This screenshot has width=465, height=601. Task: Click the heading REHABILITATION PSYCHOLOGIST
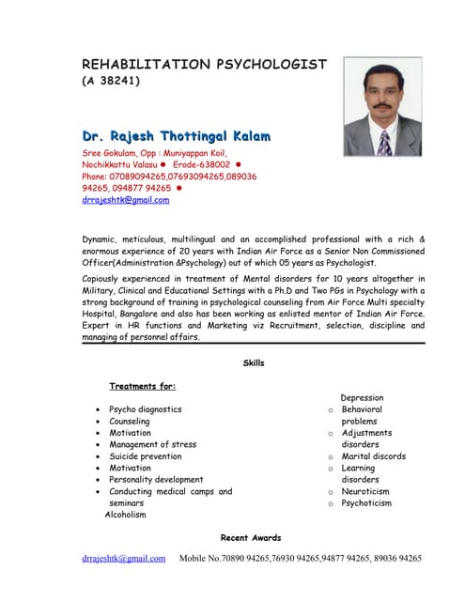point(204,65)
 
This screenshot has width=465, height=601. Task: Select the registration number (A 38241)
point(111,82)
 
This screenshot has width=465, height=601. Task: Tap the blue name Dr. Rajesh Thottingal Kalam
point(177,136)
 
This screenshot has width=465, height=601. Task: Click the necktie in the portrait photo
point(383,142)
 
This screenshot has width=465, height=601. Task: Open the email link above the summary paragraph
point(126,200)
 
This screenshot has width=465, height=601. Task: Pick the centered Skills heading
point(254,362)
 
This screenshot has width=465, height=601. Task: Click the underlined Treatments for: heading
point(142,386)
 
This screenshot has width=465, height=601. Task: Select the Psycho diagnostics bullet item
point(146,409)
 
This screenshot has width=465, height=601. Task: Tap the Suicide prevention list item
point(146,456)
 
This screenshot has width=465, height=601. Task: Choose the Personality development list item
point(156,480)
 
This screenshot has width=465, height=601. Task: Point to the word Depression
point(363,398)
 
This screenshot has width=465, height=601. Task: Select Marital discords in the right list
point(373,456)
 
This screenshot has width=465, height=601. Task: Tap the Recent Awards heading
point(250,537)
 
